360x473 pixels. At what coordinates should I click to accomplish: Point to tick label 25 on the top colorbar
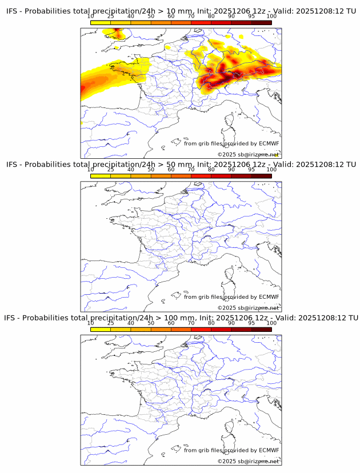(x=111, y=16)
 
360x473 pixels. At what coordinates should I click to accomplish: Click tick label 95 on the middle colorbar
(x=251, y=169)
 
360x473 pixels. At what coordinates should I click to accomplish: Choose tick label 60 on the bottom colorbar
(x=171, y=323)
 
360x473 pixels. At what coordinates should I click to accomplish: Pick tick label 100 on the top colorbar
(x=271, y=16)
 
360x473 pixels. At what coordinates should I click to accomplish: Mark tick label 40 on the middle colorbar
(x=131, y=169)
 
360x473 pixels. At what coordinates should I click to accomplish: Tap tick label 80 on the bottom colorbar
(x=211, y=323)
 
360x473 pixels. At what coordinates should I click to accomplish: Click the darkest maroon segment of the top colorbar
(x=261, y=22)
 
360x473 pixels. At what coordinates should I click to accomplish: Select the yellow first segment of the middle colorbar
(x=101, y=176)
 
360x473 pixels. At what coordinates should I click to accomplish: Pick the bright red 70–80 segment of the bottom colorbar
(x=201, y=329)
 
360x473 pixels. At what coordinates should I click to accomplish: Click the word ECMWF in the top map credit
(x=269, y=143)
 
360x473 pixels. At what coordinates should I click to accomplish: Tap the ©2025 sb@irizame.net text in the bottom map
(x=248, y=461)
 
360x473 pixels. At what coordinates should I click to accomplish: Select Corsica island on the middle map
(x=230, y=274)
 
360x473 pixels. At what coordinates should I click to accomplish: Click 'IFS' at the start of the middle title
(x=12, y=164)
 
